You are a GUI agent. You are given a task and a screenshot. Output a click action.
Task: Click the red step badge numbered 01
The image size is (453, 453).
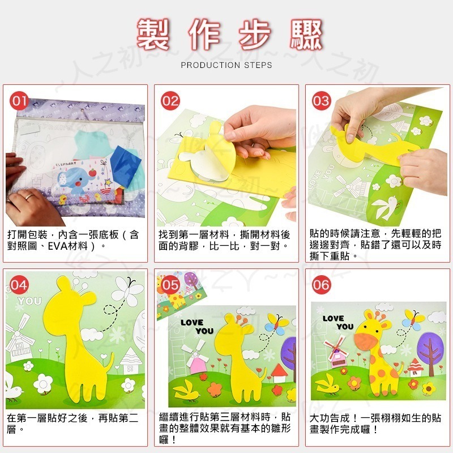pyautogui.click(x=19, y=101)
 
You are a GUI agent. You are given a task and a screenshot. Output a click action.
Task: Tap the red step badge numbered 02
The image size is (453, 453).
pyautogui.click(x=170, y=101)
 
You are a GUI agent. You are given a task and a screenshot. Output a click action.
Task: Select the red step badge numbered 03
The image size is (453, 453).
pyautogui.click(x=321, y=101)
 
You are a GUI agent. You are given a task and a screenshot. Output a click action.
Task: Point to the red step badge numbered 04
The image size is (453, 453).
pyautogui.click(x=19, y=285)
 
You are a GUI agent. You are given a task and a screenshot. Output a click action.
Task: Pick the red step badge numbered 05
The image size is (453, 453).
pyautogui.click(x=170, y=285)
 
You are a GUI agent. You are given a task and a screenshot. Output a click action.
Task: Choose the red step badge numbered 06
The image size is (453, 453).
pyautogui.click(x=321, y=285)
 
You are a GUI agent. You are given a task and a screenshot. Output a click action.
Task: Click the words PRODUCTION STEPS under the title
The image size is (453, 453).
pyautogui.click(x=226, y=65)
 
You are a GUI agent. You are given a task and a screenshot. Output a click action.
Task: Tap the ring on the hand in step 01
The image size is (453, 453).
pyautogui.click(x=29, y=196)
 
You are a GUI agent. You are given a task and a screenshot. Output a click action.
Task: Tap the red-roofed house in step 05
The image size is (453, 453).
pyautogui.click(x=279, y=373)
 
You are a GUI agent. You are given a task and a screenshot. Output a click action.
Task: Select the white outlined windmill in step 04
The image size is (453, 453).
pyautogui.click(x=19, y=340)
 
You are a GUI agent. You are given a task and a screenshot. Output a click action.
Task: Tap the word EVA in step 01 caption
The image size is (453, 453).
pyautogui.click(x=57, y=246)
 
